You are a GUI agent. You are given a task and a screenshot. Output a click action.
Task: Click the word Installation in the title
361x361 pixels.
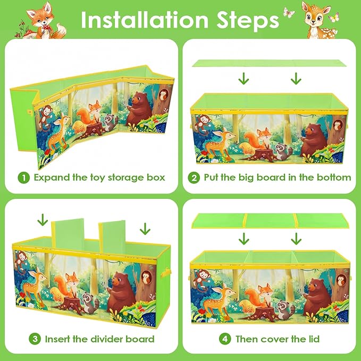(145, 20)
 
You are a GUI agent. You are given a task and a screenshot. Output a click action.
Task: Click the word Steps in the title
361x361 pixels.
(248, 21)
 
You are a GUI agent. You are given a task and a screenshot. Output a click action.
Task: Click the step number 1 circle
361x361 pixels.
(24, 178)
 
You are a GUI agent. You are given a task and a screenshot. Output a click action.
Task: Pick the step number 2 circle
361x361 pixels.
(194, 178)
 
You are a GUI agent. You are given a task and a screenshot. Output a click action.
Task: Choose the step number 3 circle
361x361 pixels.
(35, 339)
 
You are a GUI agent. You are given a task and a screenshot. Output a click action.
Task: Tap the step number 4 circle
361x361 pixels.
(225, 339)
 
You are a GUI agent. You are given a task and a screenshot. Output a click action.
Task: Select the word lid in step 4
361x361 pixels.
(313, 339)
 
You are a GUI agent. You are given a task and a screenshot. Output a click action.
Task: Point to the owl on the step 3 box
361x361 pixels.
(146, 277)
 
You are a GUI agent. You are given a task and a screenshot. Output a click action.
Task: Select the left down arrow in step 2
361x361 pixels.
(244, 79)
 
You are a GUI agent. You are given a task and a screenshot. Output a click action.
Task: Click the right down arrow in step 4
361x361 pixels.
(296, 239)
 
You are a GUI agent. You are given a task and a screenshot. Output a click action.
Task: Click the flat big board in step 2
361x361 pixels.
(269, 63)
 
